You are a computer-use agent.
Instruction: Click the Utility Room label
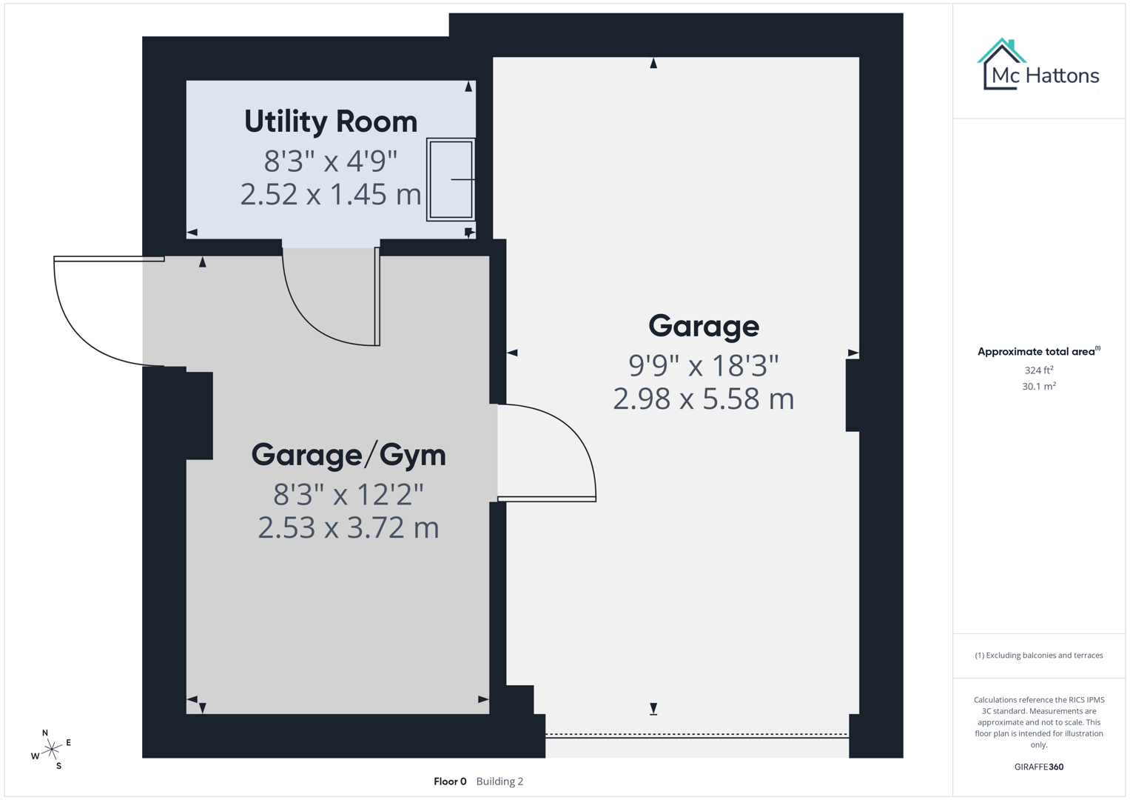click(x=331, y=122)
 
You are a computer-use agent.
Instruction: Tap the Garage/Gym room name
click(x=349, y=455)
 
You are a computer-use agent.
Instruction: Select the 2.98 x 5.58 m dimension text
click(x=703, y=399)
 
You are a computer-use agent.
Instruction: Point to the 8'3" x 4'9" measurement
click(x=331, y=160)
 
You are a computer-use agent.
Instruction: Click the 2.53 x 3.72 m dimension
click(x=349, y=528)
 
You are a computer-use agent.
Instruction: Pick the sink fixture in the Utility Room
click(x=451, y=179)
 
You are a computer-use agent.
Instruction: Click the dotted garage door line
click(x=696, y=734)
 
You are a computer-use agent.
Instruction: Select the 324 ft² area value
click(x=1038, y=370)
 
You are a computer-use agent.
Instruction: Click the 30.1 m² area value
click(x=1038, y=386)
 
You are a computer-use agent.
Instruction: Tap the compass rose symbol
click(x=51, y=750)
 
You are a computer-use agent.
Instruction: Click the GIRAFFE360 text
click(x=1038, y=767)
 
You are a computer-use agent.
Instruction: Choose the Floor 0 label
click(x=450, y=781)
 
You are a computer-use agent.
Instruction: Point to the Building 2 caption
click(x=500, y=781)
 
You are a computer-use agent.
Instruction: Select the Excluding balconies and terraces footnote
click(x=1038, y=655)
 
